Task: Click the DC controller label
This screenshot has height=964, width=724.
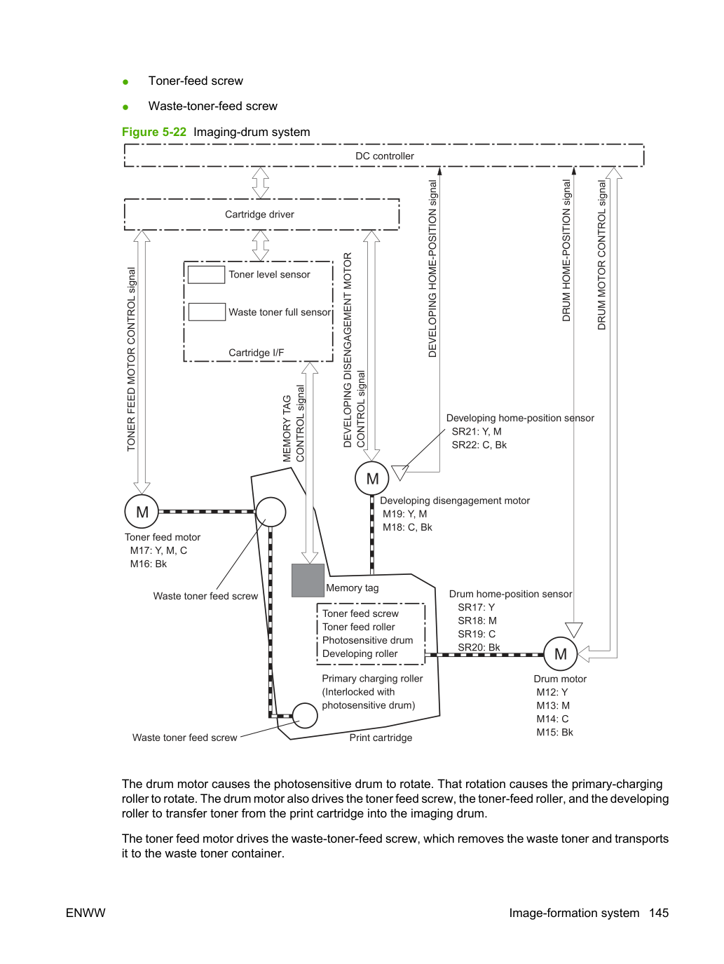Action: point(384,156)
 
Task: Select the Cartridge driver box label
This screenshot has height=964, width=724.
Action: point(259,215)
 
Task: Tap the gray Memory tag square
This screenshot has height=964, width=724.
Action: point(308,581)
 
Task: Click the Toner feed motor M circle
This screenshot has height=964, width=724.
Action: point(142,512)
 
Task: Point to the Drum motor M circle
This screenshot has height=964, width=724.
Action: point(560,654)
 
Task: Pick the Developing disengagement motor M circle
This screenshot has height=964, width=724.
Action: point(372,478)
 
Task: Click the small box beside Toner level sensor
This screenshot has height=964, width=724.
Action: point(206,275)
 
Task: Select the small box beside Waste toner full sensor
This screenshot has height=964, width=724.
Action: point(207,312)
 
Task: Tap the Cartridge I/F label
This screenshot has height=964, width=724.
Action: point(256,353)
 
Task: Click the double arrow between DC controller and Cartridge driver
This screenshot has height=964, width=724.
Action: point(260,183)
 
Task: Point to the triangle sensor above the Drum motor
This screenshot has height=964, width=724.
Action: point(573,630)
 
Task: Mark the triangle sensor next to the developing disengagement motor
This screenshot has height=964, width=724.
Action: point(400,473)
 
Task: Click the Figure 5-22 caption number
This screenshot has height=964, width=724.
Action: point(154,132)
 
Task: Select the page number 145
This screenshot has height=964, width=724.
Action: point(659,913)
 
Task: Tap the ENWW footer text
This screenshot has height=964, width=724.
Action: point(86,913)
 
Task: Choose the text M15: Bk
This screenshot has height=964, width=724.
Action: point(554,732)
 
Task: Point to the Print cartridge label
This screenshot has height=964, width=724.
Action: point(381,738)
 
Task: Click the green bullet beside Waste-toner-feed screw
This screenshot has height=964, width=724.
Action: point(125,107)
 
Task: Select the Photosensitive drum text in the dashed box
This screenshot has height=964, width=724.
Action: point(367,640)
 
